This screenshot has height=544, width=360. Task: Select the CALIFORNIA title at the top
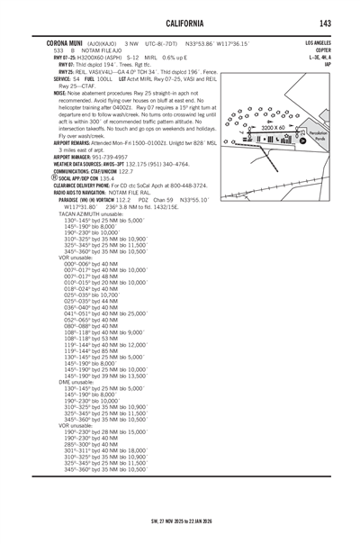[180, 23]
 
